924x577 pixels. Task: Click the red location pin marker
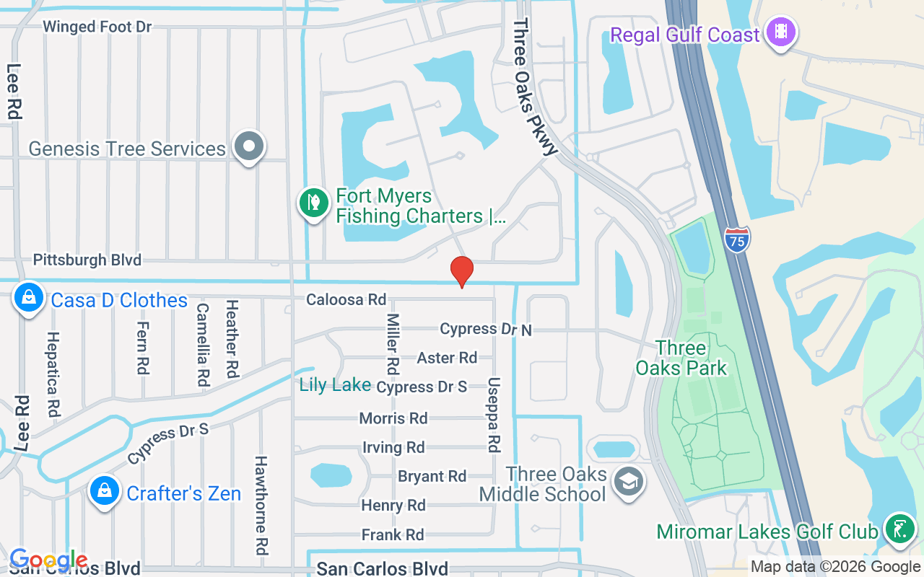click(x=462, y=271)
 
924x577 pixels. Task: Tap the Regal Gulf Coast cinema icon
click(x=780, y=32)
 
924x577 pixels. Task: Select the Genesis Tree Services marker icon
click(x=249, y=146)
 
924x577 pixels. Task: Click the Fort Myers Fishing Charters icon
click(x=314, y=203)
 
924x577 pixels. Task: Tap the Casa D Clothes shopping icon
click(x=29, y=298)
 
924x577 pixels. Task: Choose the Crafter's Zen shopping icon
click(x=105, y=491)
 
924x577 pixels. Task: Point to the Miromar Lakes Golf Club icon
click(x=899, y=530)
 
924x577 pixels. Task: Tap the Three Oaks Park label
click(x=681, y=358)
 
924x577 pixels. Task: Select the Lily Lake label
click(x=335, y=385)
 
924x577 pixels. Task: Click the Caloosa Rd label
click(x=346, y=299)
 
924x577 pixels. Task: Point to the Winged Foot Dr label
click(x=97, y=27)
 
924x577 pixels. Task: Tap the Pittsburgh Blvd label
click(x=87, y=260)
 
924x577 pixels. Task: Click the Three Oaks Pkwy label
click(x=535, y=87)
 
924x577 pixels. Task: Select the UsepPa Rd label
click(x=494, y=415)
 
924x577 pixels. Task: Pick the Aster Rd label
click(x=447, y=357)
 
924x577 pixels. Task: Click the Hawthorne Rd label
click(x=261, y=504)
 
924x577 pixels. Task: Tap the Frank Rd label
click(x=393, y=534)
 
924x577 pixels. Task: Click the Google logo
click(x=48, y=560)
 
